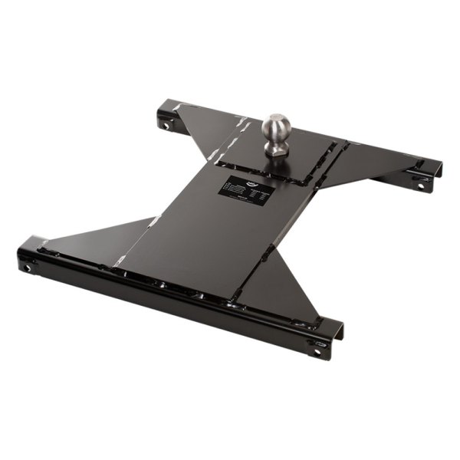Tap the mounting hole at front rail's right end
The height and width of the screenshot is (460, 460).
pos(315,353)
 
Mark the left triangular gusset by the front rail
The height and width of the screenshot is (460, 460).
pos(107,238)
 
